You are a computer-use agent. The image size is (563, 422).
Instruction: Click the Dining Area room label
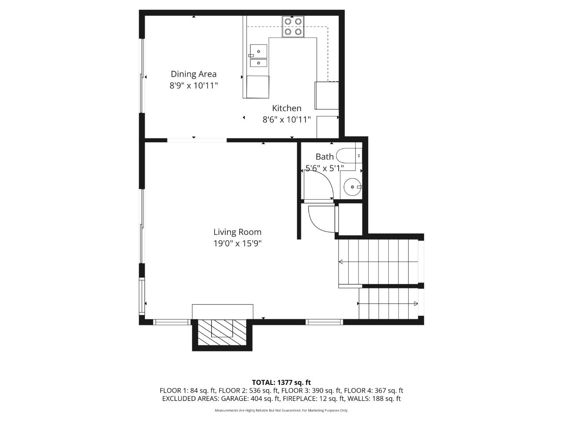click(x=194, y=74)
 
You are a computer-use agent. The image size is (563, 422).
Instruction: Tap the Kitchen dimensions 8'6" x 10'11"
click(x=287, y=119)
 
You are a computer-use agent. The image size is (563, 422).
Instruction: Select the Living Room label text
click(x=237, y=232)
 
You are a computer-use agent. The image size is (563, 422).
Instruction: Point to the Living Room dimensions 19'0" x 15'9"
click(x=237, y=243)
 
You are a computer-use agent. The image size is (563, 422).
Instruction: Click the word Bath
click(x=325, y=157)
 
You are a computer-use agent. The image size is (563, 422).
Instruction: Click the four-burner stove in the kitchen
click(x=293, y=27)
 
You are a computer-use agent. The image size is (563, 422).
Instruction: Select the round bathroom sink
click(x=353, y=187)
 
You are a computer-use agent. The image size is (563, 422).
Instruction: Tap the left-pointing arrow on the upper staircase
click(x=341, y=262)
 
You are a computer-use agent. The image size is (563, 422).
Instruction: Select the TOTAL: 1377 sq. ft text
click(x=281, y=383)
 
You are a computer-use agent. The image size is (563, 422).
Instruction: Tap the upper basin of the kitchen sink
click(x=258, y=51)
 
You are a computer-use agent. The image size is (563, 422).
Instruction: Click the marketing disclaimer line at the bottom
click(x=281, y=410)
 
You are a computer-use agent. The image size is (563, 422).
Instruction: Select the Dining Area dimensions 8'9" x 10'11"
click(x=194, y=86)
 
